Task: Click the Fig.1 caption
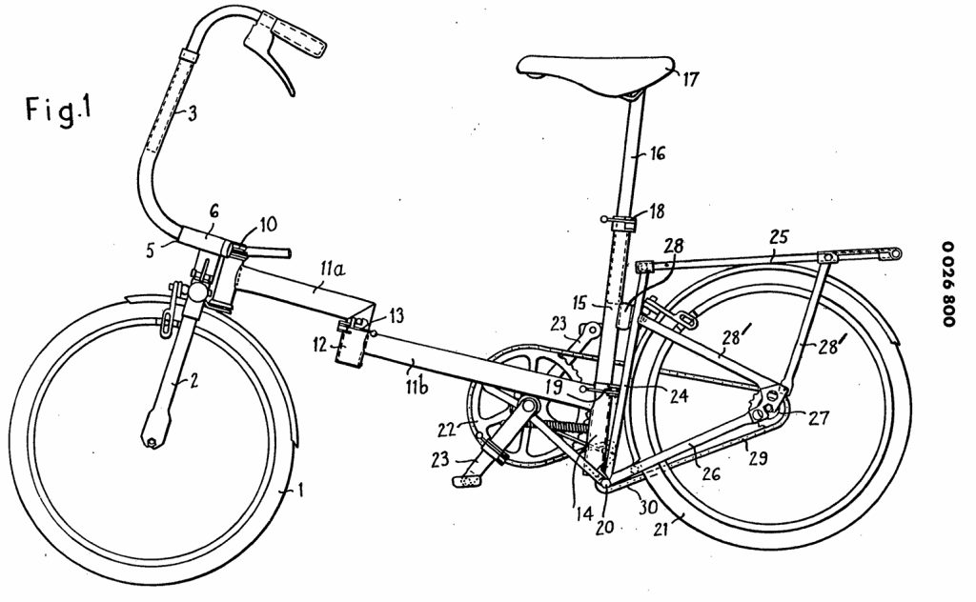(59, 111)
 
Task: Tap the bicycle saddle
(596, 74)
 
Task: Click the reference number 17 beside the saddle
(691, 80)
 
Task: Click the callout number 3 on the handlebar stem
(193, 113)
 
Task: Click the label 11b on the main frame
(417, 386)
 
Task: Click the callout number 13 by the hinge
(396, 315)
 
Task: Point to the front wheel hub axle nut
(152, 441)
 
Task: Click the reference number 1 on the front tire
(300, 492)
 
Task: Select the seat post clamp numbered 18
(622, 223)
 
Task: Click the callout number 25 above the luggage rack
(779, 237)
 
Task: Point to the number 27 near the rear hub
(819, 417)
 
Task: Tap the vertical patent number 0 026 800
(948, 284)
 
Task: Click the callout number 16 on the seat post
(658, 153)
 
